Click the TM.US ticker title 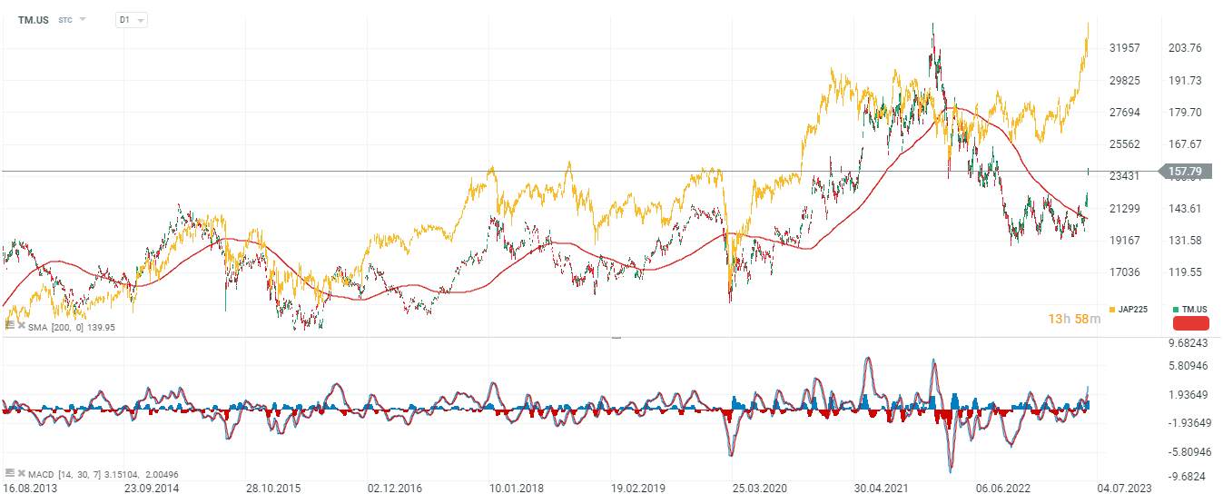coord(34,19)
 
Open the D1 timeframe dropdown coord(131,19)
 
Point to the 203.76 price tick coord(1184,48)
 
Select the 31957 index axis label coord(1126,48)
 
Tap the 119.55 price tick coord(1184,272)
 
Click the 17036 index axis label coord(1126,272)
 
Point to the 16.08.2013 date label coord(29,489)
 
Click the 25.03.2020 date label coord(759,489)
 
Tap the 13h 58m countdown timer coord(1074,319)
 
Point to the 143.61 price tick coord(1184,209)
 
